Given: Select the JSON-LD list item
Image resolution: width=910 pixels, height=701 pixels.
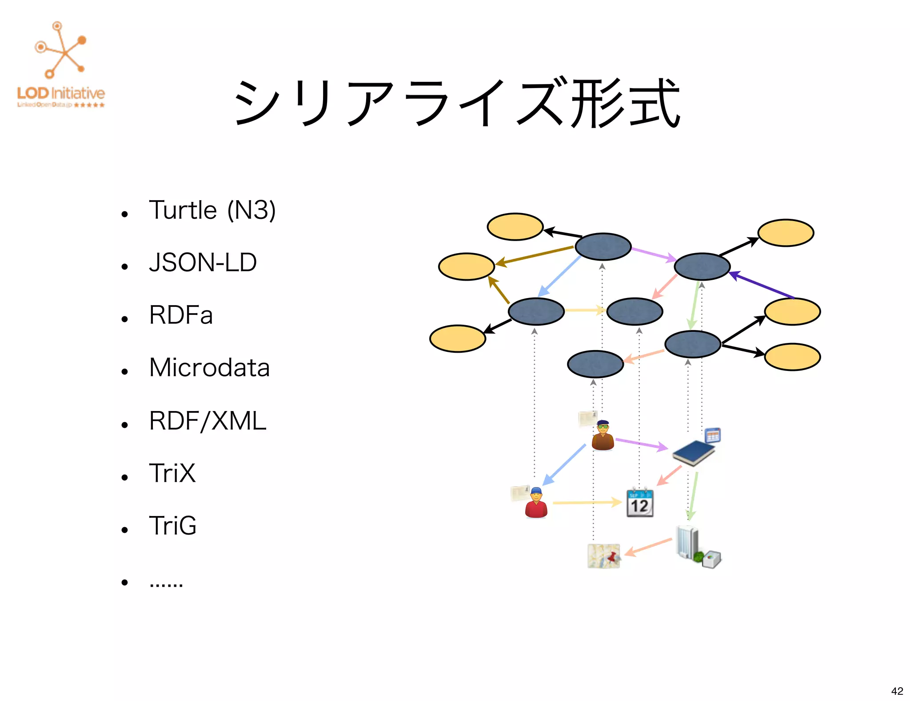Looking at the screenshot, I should pyautogui.click(x=203, y=262).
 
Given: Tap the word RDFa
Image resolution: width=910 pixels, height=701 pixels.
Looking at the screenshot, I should pyautogui.click(x=181, y=315).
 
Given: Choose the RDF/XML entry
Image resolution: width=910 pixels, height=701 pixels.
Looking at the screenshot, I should pyautogui.click(x=208, y=420).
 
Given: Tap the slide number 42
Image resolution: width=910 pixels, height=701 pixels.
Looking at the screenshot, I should pyautogui.click(x=897, y=691).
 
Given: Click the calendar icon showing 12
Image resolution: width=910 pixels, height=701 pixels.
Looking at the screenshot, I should pyautogui.click(x=640, y=503).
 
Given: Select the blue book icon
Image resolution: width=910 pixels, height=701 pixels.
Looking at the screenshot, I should pyautogui.click(x=693, y=452).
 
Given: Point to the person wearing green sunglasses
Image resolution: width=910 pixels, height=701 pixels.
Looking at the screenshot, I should pyautogui.click(x=603, y=435).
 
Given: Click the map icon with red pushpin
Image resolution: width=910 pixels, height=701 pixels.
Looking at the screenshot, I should pyautogui.click(x=604, y=556).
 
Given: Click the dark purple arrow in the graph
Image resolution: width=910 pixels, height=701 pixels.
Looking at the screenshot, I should pyautogui.click(x=762, y=285).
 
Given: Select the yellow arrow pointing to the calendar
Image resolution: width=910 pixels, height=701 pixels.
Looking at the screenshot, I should pyautogui.click(x=587, y=503).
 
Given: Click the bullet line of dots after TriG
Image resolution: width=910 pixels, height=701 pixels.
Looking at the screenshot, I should pyautogui.click(x=166, y=583).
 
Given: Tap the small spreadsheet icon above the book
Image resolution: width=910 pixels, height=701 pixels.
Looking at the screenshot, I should pyautogui.click(x=713, y=435).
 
